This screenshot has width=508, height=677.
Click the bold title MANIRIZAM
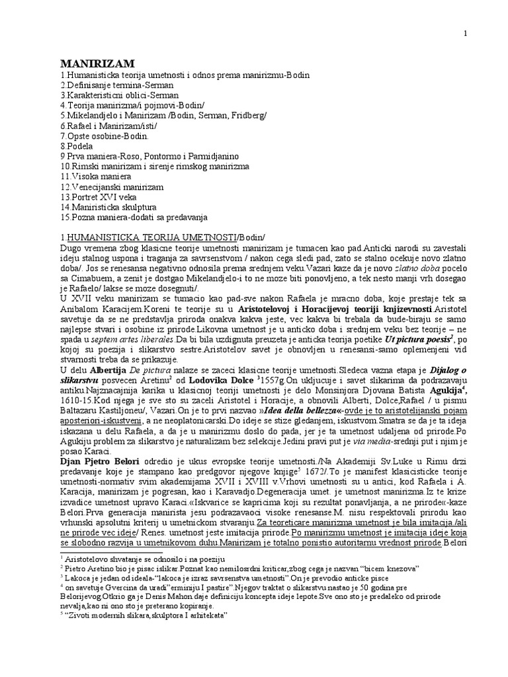(97, 63)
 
